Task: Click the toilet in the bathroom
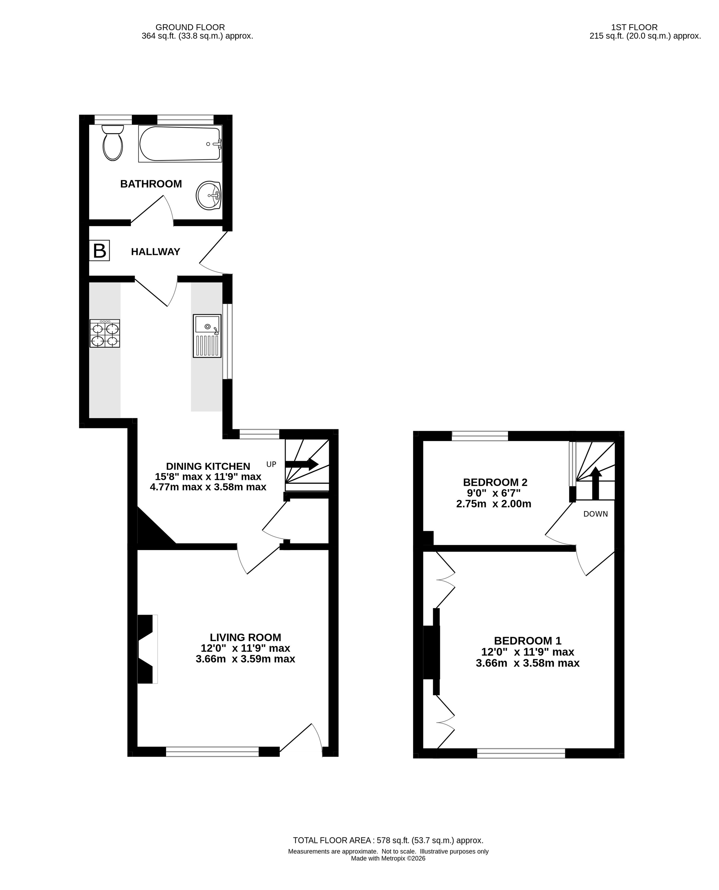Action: pyautogui.click(x=113, y=142)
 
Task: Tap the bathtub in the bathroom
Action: pyautogui.click(x=180, y=143)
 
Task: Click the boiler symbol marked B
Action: pyautogui.click(x=99, y=251)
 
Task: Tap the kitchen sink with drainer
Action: pyautogui.click(x=207, y=336)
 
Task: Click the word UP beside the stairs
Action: pyautogui.click(x=271, y=464)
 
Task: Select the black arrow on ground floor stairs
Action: pyautogui.click(x=302, y=464)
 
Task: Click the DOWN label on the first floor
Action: pyautogui.click(x=596, y=514)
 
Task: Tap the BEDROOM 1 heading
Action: pyautogui.click(x=528, y=641)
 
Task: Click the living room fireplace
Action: pyautogui.click(x=147, y=649)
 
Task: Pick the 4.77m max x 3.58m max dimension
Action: pyautogui.click(x=208, y=487)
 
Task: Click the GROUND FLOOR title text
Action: pyautogui.click(x=190, y=27)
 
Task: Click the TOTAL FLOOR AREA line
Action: pyautogui.click(x=388, y=840)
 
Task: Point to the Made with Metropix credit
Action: pyautogui.click(x=388, y=858)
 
